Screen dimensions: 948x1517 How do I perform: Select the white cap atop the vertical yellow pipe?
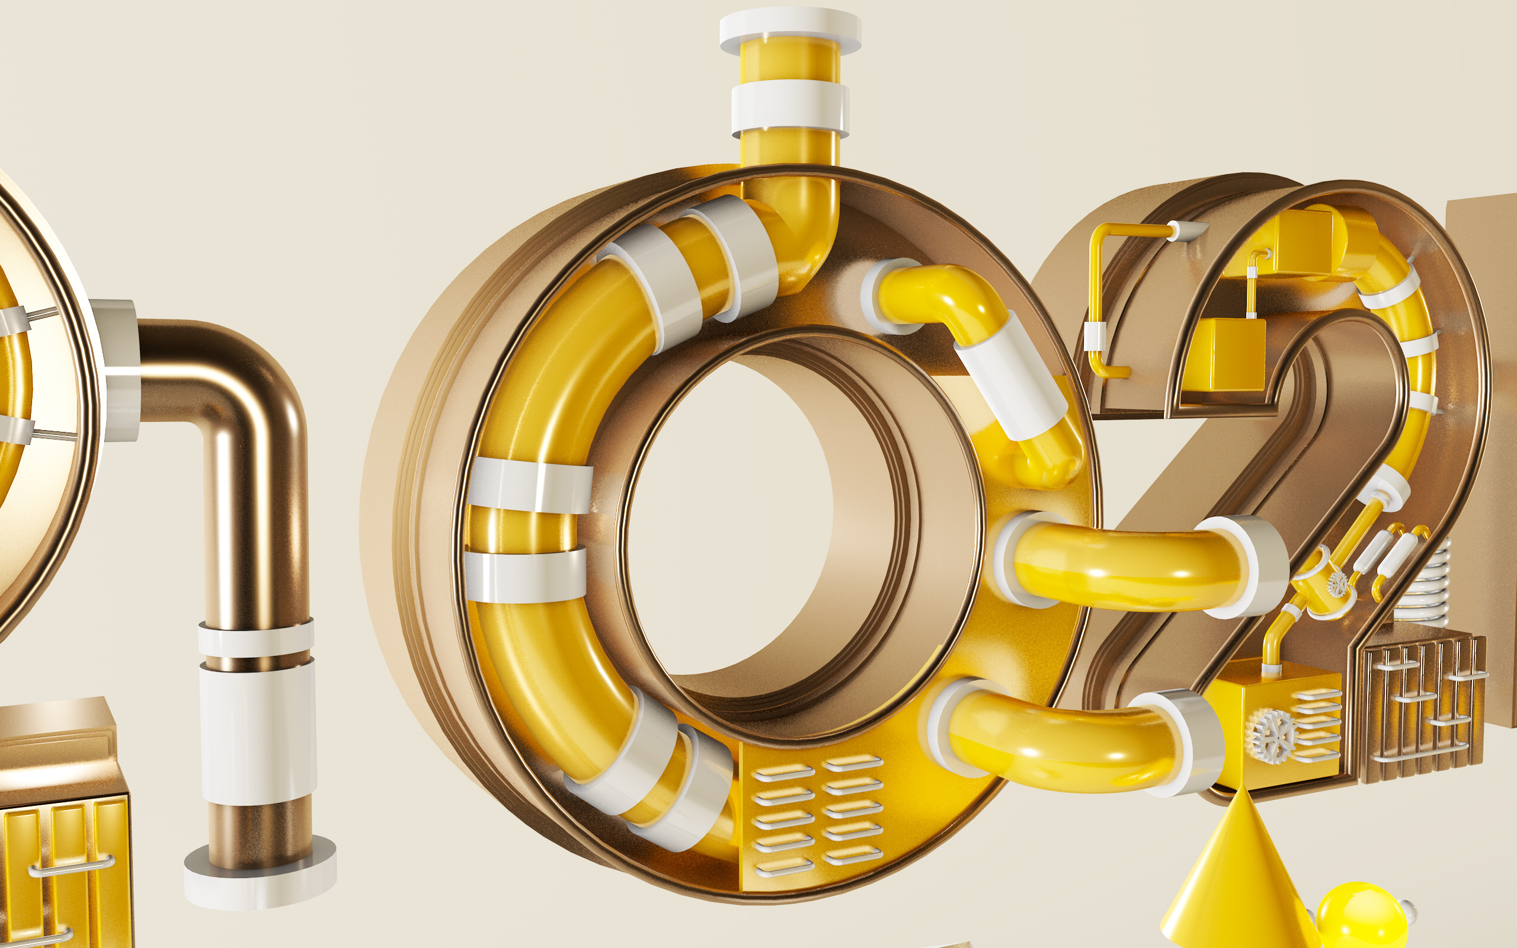(x=790, y=29)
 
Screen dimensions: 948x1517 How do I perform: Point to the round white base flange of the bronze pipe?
(x=260, y=875)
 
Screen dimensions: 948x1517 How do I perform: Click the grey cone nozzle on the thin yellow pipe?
(x=1188, y=230)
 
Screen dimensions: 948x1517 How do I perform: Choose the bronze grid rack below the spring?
(x=1423, y=709)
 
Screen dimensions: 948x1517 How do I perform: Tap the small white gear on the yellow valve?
(x=1337, y=584)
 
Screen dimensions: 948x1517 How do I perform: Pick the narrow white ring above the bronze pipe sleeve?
(x=257, y=638)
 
